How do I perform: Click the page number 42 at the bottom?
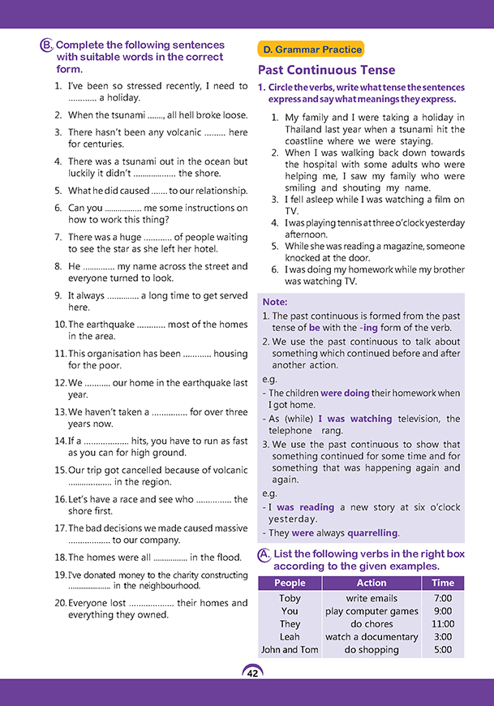[252, 672]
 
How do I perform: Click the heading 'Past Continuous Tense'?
[326, 71]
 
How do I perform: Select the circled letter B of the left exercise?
[46, 46]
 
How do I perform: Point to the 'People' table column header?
[290, 583]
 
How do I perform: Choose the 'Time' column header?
[443, 583]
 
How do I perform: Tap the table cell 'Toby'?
[290, 598]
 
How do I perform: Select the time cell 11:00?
[443, 624]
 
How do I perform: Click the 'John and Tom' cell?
[290, 650]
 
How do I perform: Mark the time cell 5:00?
[443, 650]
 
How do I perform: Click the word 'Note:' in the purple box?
[275, 302]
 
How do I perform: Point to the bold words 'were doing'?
[345, 393]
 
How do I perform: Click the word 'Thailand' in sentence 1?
[307, 128]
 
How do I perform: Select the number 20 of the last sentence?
[60, 604]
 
